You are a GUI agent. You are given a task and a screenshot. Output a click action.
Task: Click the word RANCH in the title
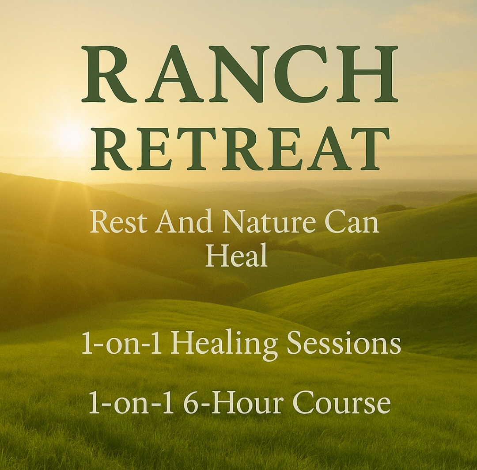point(240,74)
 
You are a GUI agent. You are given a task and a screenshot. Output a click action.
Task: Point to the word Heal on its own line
point(237,257)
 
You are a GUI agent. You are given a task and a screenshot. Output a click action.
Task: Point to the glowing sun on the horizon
point(69,136)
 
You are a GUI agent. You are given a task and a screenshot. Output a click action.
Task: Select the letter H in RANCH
point(367,74)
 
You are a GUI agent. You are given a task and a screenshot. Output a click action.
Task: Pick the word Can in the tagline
point(359,223)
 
